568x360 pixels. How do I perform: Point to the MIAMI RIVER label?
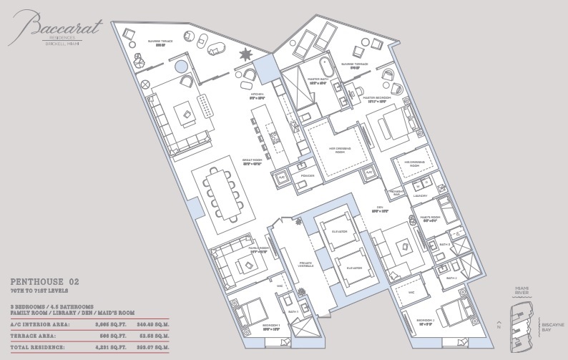point(524,291)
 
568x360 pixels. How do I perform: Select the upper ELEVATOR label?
point(338,232)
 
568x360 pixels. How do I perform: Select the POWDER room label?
point(308,175)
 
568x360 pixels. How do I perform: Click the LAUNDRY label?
point(420,195)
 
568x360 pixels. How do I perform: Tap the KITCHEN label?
point(258,94)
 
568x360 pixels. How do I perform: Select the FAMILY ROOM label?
point(258,248)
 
